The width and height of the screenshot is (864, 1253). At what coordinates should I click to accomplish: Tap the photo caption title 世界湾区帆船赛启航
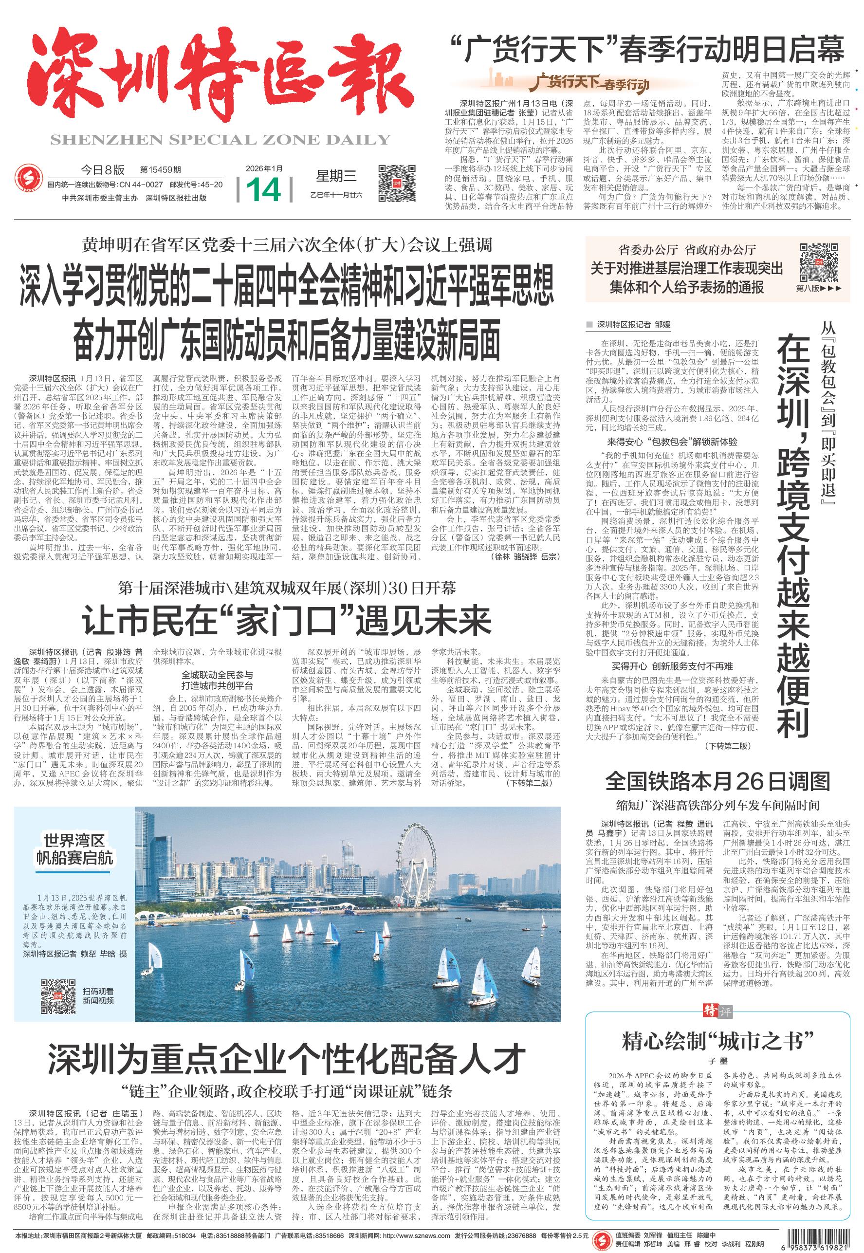74,849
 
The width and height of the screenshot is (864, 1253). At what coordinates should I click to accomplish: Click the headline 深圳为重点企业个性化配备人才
286,1058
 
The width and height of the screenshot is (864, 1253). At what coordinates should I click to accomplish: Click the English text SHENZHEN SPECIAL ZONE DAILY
220,140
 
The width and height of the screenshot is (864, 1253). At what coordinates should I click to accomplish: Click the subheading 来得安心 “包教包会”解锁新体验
672,442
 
